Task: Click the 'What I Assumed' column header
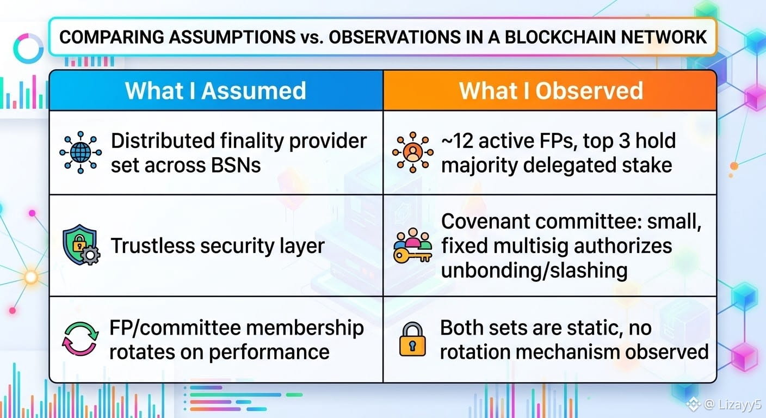(x=215, y=91)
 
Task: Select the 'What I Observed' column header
(x=551, y=91)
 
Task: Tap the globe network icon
(x=81, y=152)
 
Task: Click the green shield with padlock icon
(x=81, y=245)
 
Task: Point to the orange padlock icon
(x=412, y=339)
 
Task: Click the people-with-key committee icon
(x=413, y=245)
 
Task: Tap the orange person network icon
(x=413, y=152)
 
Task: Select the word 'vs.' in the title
(x=312, y=38)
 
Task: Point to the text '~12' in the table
(x=457, y=140)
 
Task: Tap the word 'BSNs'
(x=236, y=165)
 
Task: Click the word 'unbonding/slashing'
(x=534, y=271)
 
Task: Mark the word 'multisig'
(x=529, y=247)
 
